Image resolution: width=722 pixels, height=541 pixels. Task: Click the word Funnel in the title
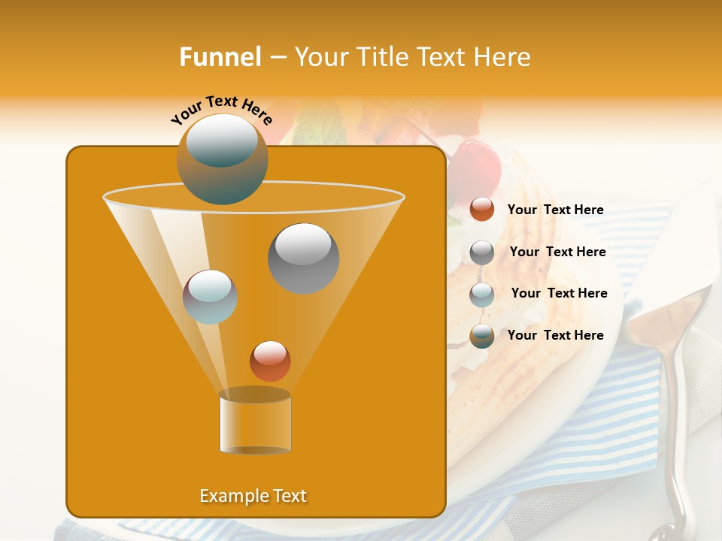point(220,56)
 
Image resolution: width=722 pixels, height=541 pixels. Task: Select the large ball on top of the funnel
point(222,159)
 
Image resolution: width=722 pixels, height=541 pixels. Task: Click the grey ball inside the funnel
point(303,258)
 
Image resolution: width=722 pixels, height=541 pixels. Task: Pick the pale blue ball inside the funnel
point(210,297)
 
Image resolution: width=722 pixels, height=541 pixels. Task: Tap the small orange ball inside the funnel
point(270,361)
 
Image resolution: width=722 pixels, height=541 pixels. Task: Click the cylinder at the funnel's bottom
point(255,422)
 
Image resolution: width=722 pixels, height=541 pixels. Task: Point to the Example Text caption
point(253,496)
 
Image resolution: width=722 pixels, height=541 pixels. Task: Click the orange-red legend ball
point(482,210)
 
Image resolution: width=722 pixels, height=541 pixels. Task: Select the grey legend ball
point(482,252)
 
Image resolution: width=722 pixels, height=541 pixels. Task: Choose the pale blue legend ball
point(482,294)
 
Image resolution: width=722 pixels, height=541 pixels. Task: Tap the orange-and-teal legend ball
point(482,336)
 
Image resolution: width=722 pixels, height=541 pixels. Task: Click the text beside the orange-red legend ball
point(555,210)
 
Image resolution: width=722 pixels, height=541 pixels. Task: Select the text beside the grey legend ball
point(557,252)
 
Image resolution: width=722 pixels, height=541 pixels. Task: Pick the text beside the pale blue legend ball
point(559,294)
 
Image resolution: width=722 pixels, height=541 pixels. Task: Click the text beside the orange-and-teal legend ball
point(555,335)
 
